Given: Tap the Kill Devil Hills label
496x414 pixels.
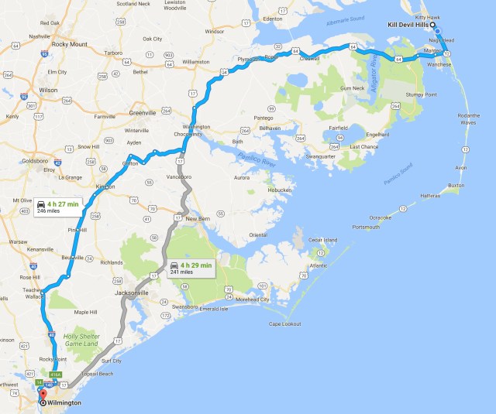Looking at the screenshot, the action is [x=412, y=25].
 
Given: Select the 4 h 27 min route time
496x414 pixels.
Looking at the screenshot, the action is [x=63, y=204].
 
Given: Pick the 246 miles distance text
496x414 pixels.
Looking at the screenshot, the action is [x=58, y=210].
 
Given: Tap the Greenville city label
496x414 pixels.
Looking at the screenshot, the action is [x=143, y=112].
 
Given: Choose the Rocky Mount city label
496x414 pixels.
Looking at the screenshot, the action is [x=69, y=44].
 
